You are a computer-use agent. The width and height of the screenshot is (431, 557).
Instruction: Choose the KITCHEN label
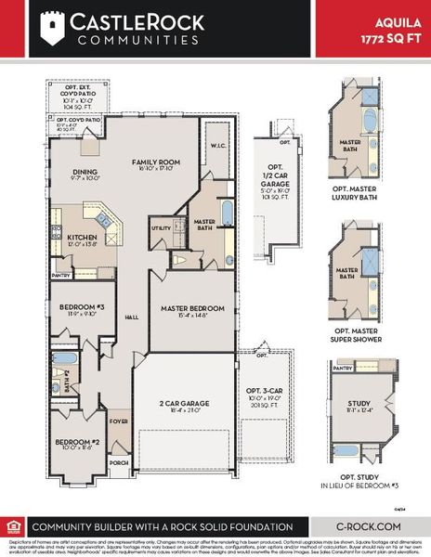(82, 237)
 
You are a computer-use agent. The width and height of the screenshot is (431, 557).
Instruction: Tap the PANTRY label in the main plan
(61, 276)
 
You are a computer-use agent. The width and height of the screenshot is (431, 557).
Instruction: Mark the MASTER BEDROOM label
(193, 308)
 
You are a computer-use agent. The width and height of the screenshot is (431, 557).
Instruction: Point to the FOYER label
(119, 421)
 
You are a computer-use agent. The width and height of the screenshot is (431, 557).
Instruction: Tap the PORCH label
(119, 462)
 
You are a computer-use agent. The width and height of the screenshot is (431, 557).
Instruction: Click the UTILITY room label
(161, 227)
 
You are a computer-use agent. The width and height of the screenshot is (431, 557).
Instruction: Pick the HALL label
(131, 317)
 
